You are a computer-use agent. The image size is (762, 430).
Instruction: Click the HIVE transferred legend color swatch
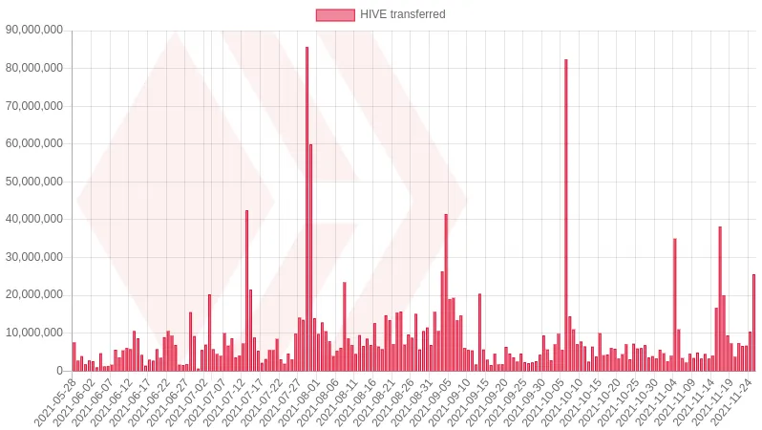coord(334,14)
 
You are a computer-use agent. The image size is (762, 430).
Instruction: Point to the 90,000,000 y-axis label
coord(34,31)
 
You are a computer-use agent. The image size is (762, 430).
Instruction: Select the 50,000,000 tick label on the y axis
coord(34,182)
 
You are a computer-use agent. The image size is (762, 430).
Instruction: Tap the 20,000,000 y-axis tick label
coord(34,295)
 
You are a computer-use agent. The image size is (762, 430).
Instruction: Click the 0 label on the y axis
coord(59,371)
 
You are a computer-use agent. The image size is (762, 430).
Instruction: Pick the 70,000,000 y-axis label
coord(34,106)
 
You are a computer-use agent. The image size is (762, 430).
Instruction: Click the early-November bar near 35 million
coord(674,305)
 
